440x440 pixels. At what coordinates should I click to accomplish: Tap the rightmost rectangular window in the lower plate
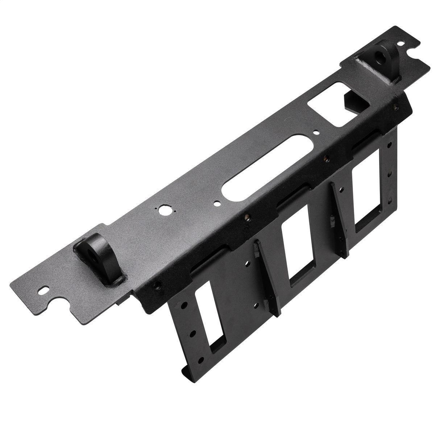coord(368,200)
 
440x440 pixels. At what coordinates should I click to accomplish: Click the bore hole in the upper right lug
coord(380,56)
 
